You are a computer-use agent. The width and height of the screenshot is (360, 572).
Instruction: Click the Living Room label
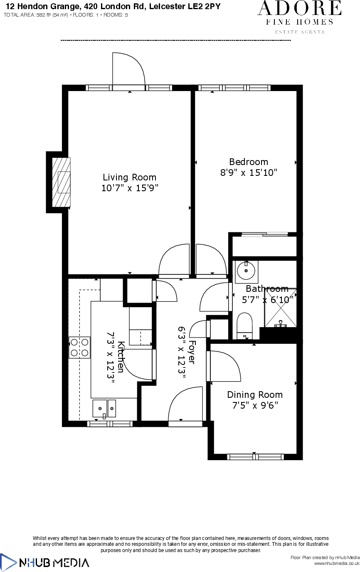129,178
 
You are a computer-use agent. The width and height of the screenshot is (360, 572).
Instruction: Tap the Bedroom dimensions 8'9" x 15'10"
249,173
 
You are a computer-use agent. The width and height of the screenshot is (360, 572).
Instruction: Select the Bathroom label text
267,288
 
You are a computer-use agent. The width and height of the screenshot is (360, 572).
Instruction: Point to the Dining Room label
254,394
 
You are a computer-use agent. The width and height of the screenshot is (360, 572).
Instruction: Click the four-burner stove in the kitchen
79,348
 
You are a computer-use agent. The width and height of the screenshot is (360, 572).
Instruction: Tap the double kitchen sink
104,409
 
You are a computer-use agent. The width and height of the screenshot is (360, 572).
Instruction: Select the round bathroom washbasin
246,271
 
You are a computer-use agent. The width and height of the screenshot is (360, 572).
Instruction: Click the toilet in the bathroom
244,325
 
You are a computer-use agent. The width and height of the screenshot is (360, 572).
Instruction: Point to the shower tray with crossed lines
280,308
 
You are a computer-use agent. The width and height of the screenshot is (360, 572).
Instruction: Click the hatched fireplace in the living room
61,182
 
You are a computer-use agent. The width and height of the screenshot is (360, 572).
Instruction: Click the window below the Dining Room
255,456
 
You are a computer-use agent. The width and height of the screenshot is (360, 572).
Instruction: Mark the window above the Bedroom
234,88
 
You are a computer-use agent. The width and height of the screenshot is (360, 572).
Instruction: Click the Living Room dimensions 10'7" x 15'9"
130,188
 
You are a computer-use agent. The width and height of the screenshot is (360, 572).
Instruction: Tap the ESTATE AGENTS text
300,32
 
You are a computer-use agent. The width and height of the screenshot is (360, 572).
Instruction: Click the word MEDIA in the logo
71,563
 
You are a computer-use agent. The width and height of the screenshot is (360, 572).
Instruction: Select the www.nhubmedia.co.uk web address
336,563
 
